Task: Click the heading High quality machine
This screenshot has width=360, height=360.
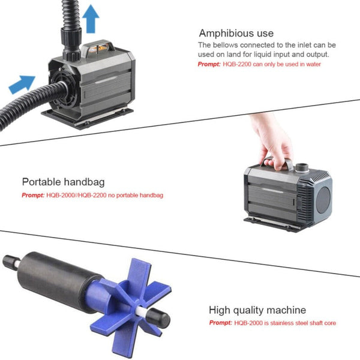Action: pyautogui.click(x=257, y=310)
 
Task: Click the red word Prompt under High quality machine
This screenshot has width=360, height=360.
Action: pyautogui.click(x=220, y=323)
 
